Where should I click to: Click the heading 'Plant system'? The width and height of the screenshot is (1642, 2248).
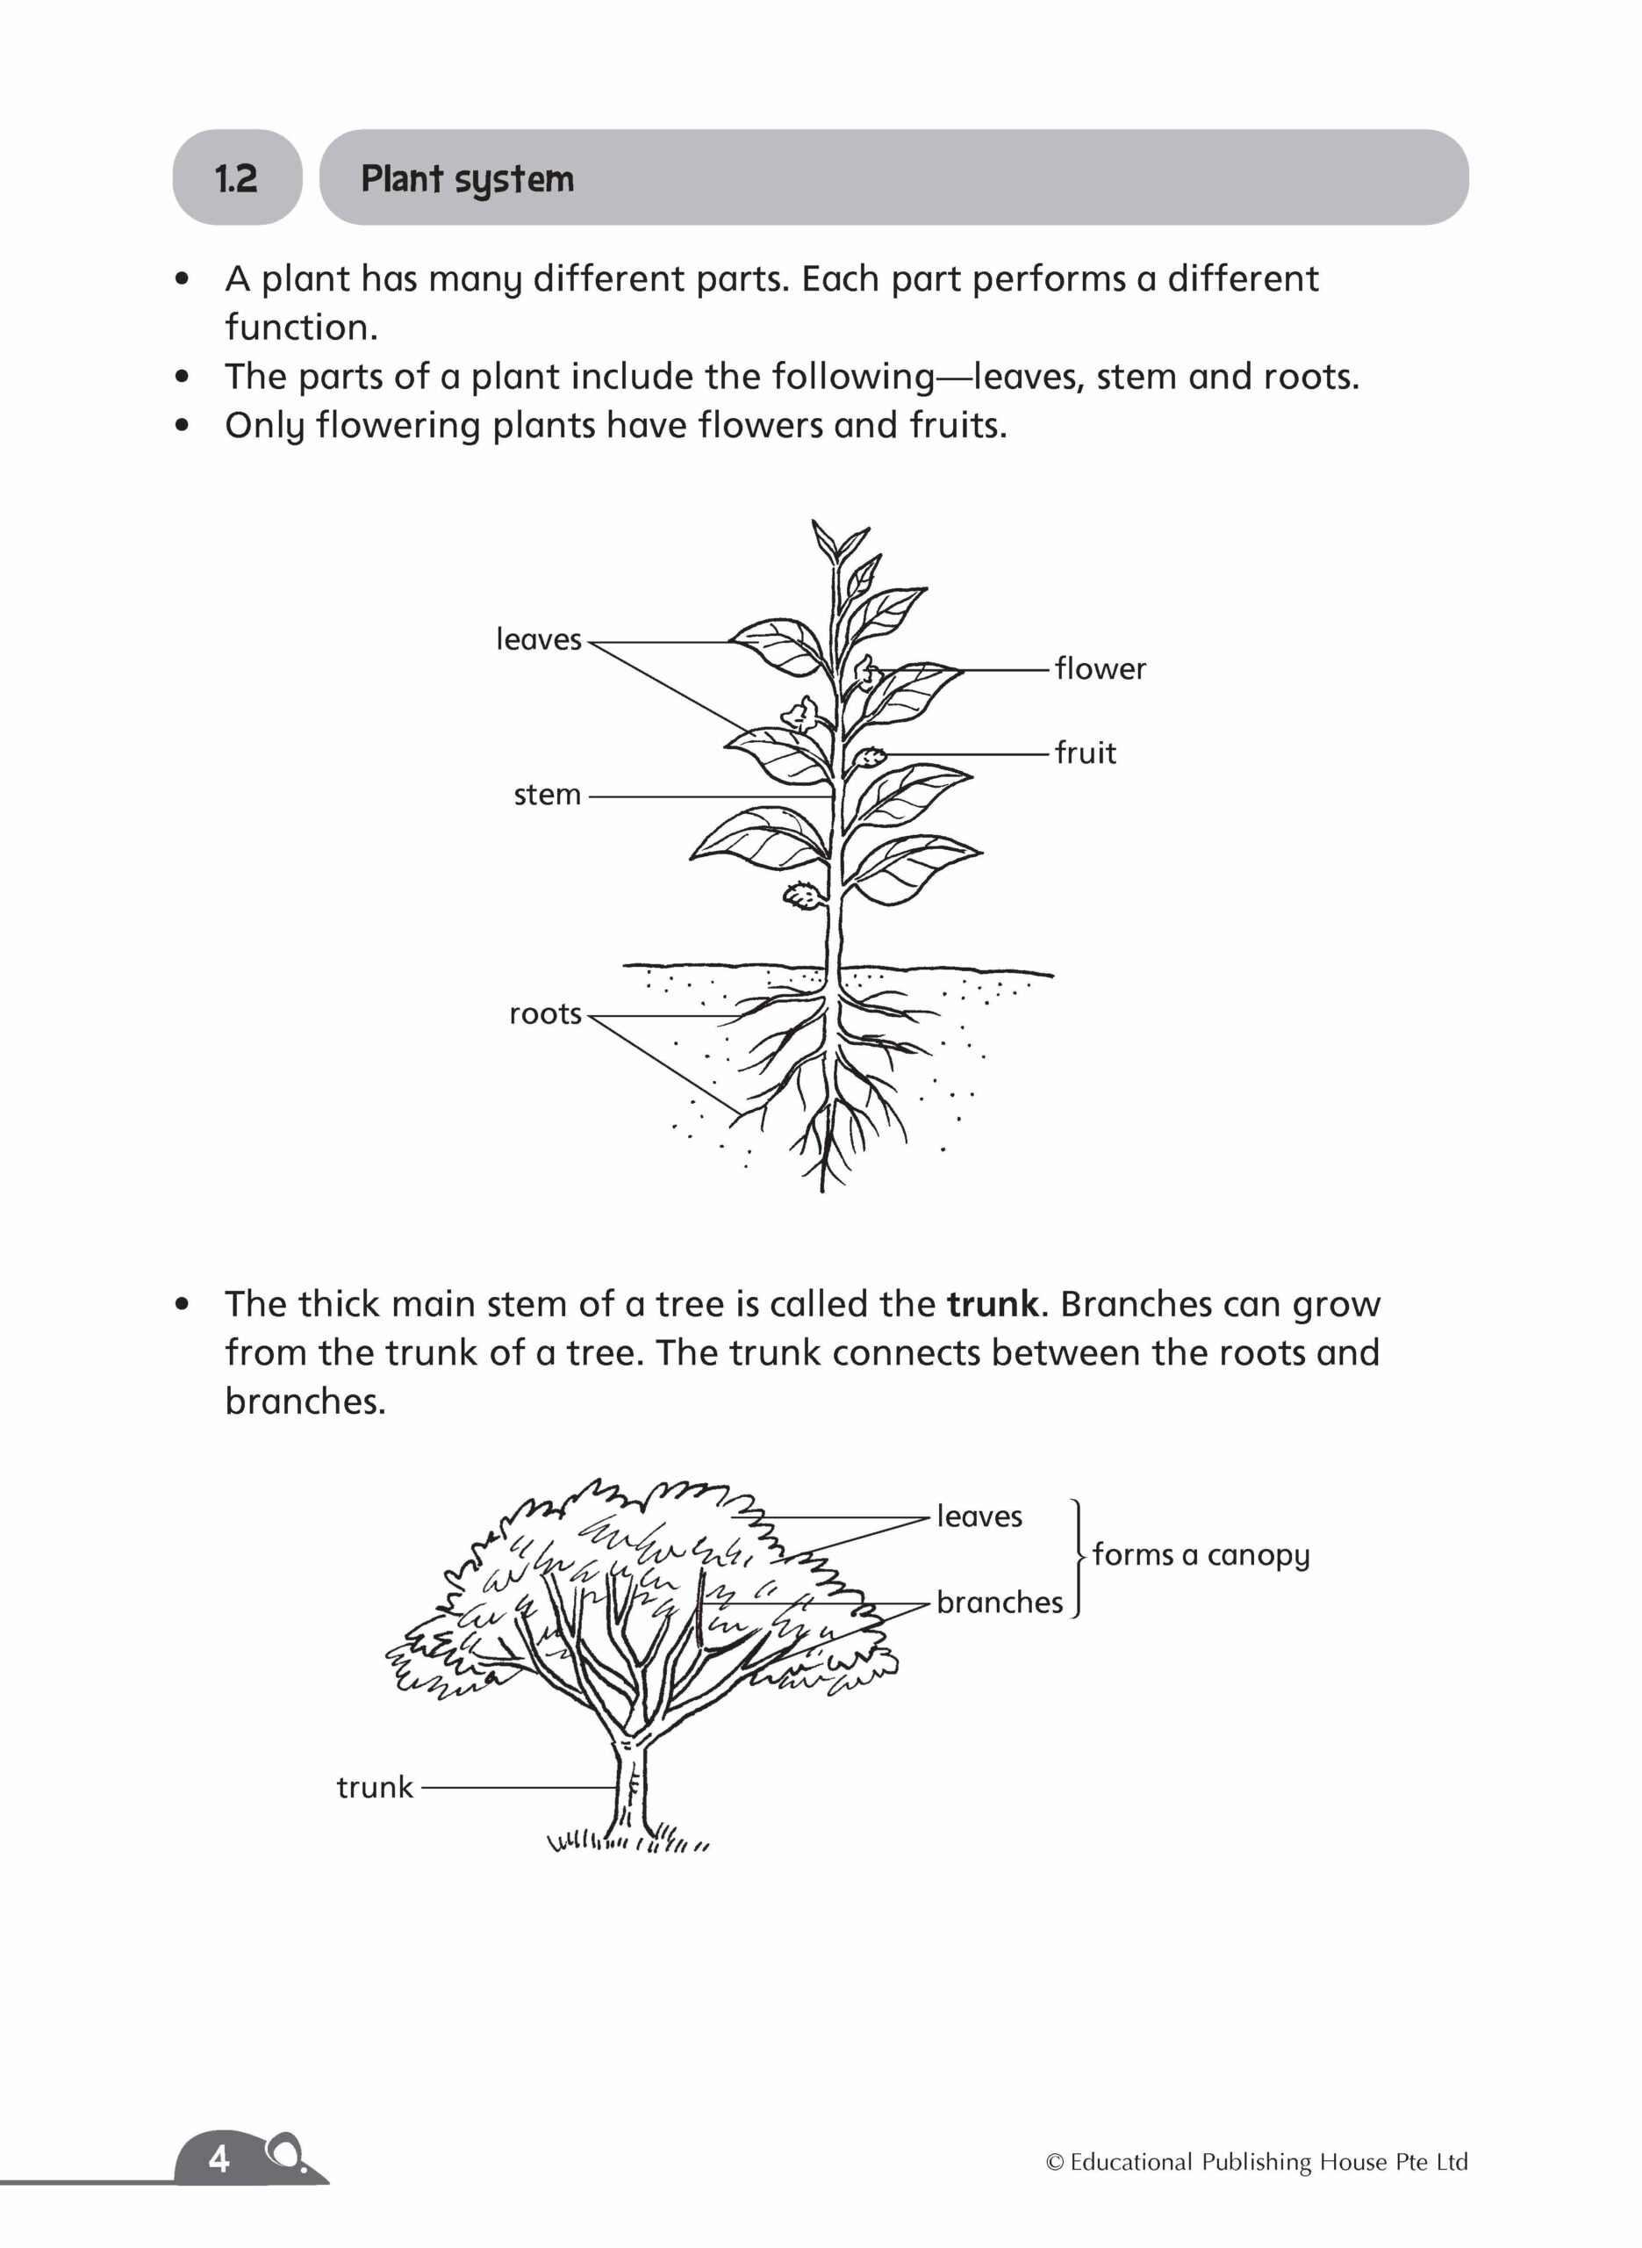coord(467,179)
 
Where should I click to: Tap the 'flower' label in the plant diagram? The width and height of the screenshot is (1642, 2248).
coord(1100,669)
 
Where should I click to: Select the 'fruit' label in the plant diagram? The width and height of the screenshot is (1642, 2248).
coord(1086,753)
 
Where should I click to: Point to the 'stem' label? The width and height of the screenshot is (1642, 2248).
coord(547,795)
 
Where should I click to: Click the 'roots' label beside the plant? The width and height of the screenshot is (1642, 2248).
coord(545,1014)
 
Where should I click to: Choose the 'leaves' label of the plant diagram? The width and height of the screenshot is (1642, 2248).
coord(538,639)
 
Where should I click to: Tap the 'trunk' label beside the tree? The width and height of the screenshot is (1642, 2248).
coord(374,1788)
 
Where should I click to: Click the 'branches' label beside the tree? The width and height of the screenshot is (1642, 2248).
coord(999,1603)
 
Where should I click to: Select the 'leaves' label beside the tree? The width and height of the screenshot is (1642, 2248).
coord(979,1517)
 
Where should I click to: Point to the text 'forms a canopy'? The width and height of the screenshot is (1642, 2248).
coord(1201,1554)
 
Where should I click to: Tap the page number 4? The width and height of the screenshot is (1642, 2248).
coord(219,2159)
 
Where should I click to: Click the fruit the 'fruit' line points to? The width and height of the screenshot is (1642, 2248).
coord(869,757)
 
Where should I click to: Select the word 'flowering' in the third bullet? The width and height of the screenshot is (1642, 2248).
coord(398,426)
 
